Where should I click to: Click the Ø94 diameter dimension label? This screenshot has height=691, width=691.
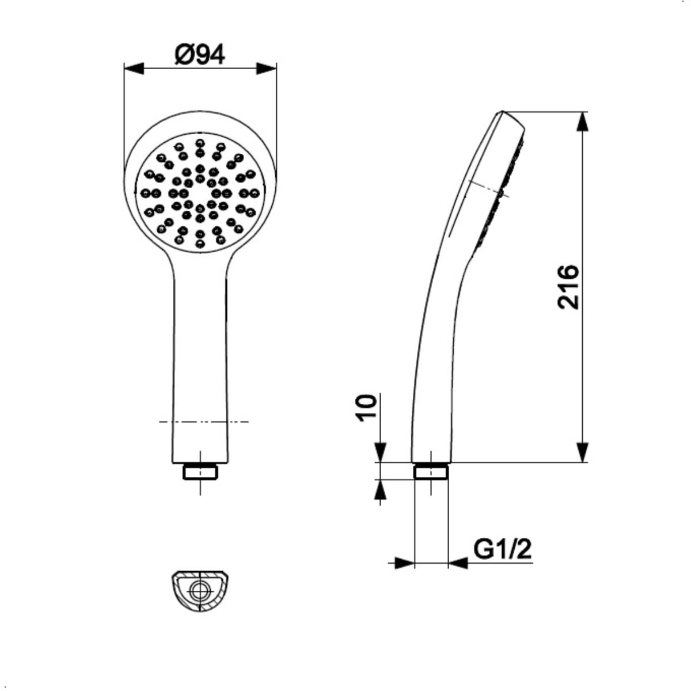(200, 55)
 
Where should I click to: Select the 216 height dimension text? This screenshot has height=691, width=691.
(568, 287)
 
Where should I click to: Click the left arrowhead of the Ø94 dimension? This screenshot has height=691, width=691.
(134, 69)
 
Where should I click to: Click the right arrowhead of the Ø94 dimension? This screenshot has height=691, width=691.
(267, 69)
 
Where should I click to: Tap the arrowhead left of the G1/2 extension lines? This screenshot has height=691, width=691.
(404, 563)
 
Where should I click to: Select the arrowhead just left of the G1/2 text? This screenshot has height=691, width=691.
(458, 563)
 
